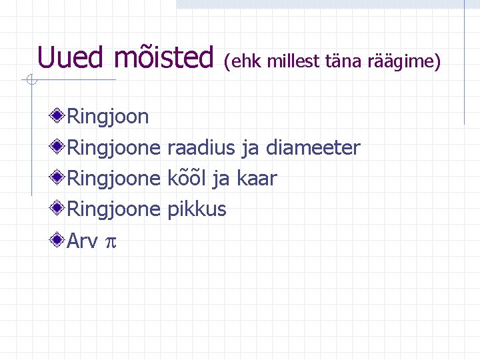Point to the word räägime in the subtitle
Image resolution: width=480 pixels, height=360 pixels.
[x=403, y=62]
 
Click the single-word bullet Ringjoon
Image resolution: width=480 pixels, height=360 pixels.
[x=108, y=117]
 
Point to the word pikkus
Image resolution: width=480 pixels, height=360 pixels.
[x=197, y=209]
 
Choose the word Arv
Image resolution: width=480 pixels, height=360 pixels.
[x=83, y=241]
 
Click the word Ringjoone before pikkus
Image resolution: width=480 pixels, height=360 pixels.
[x=114, y=209]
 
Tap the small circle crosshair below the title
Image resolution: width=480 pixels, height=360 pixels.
[x=30, y=81]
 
